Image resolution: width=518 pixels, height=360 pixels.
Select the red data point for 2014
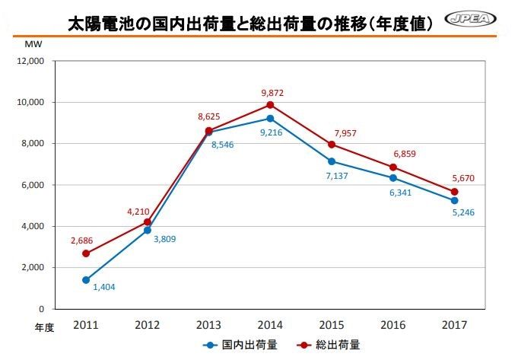(x=270, y=105)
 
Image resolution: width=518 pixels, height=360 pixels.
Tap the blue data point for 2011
(x=85, y=280)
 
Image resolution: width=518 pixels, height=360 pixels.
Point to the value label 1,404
(x=105, y=288)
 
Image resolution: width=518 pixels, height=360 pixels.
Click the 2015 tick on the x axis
(x=332, y=326)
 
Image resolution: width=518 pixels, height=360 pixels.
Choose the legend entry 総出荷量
(x=332, y=345)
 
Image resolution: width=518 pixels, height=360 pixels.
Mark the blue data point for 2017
(x=455, y=201)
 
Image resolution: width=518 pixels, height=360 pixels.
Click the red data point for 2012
(x=147, y=222)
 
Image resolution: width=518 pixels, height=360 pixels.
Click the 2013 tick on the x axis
(x=208, y=326)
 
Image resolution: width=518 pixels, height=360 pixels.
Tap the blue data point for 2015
(x=332, y=161)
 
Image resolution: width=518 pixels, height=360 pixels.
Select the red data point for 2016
(x=393, y=167)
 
